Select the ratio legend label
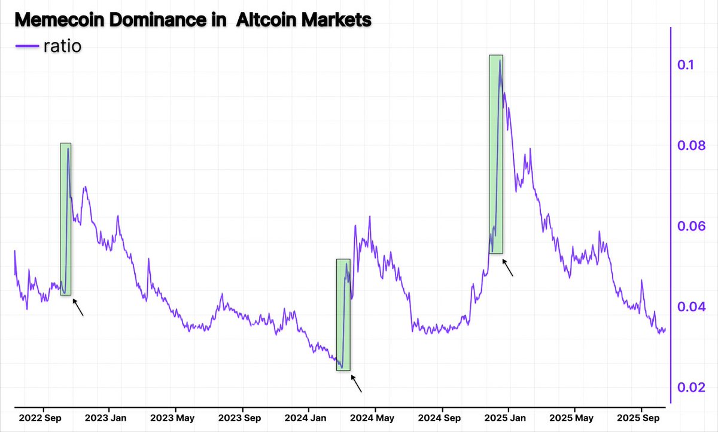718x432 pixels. [62, 45]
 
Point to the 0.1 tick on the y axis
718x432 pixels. [686, 65]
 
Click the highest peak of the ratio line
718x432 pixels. [500, 61]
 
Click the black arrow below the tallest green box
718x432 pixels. [507, 267]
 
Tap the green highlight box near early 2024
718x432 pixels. [343, 315]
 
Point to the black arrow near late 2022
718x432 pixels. [78, 307]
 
